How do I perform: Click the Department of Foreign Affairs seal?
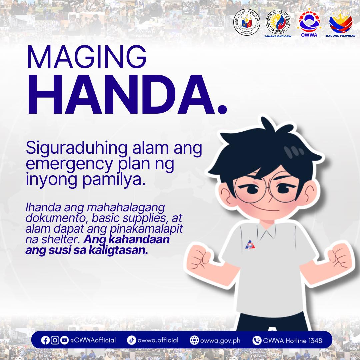tap(247, 23)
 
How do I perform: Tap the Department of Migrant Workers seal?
tap(278, 23)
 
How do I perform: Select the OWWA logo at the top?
tap(309, 22)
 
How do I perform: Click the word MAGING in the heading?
tap(87, 57)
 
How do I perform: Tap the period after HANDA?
tap(221, 108)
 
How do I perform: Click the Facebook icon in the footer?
tap(45, 340)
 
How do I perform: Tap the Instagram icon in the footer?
tap(55, 340)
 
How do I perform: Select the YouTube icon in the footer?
tap(64, 340)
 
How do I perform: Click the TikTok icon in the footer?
tap(131, 340)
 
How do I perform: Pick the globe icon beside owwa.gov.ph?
tap(194, 340)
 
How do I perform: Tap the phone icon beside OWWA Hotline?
tap(257, 340)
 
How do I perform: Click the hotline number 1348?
tap(315, 340)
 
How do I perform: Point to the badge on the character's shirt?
tap(250, 245)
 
